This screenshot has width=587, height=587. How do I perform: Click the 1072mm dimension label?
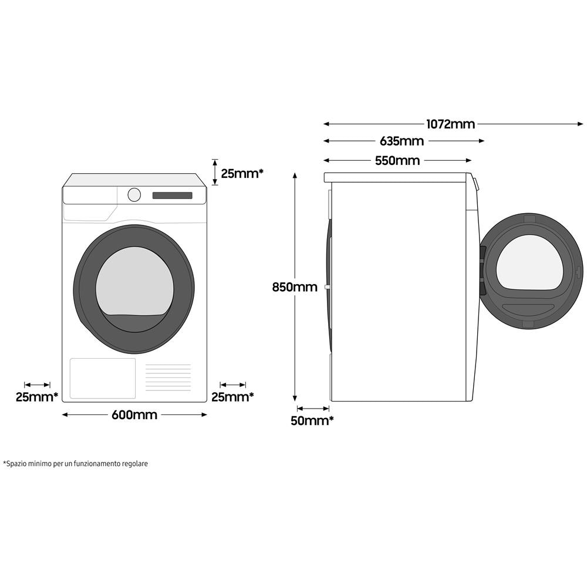click(x=450, y=124)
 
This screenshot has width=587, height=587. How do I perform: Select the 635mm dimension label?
click(x=402, y=141)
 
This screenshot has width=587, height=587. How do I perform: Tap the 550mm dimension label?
click(x=397, y=160)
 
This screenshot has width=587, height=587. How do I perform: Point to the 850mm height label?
click(x=294, y=287)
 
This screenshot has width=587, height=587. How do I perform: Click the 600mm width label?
click(x=134, y=415)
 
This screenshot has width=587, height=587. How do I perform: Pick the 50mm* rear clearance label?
click(x=312, y=420)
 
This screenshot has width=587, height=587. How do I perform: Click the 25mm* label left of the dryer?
click(x=36, y=397)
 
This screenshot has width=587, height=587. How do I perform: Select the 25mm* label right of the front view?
click(x=232, y=397)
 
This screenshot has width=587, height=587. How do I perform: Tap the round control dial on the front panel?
click(x=134, y=195)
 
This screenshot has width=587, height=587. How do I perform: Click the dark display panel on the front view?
click(x=172, y=195)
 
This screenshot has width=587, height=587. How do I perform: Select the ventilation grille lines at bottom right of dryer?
click(x=168, y=377)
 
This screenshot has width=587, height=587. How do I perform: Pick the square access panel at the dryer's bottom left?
click(x=103, y=378)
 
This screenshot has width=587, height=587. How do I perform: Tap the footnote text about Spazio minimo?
click(x=76, y=464)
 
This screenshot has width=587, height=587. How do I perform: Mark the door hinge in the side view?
click(x=483, y=270)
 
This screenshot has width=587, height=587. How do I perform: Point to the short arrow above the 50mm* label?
click(x=313, y=408)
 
